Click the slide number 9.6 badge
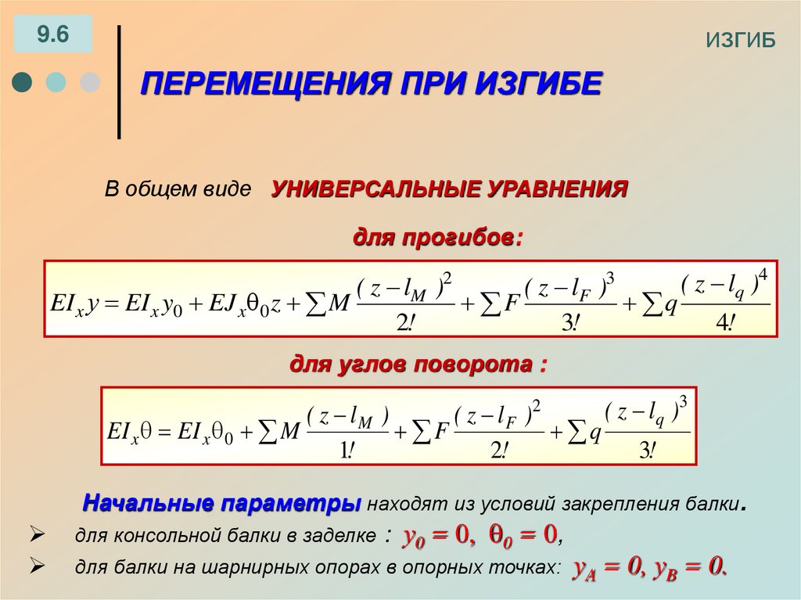pos(52,35)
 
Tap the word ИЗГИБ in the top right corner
pos(740,41)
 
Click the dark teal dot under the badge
pos(23,82)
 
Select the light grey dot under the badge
pos(90,82)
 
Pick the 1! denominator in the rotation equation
pos(346,450)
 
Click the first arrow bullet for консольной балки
pos(35,536)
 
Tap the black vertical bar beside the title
pos(118,82)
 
